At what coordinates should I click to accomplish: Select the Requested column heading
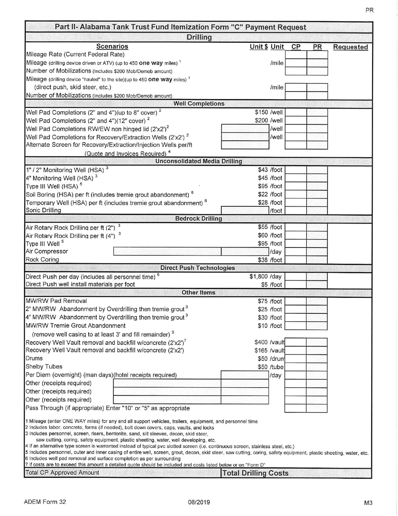click(350, 47)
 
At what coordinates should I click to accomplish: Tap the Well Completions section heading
click(199, 104)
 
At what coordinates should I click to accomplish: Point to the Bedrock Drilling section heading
click(199, 219)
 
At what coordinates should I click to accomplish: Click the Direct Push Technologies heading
click(199, 268)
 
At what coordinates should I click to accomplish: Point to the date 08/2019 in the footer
click(199, 502)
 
